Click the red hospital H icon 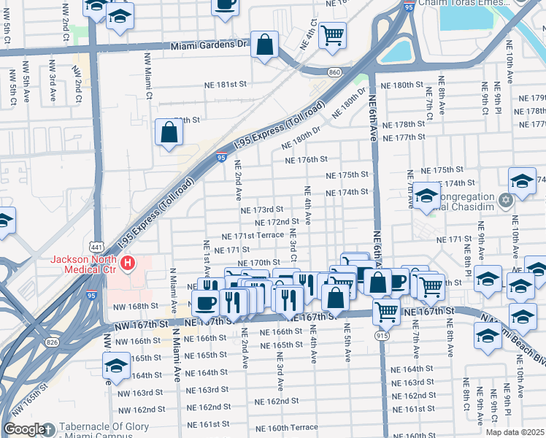tap(128, 262)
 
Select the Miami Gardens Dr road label tap(210, 45)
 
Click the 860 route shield tap(334, 72)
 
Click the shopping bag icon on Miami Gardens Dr tap(264, 45)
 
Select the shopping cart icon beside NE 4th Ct tap(332, 34)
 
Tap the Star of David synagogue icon tap(505, 199)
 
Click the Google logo tap(24, 429)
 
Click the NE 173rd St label tap(262, 210)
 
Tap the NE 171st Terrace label tap(243, 235)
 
